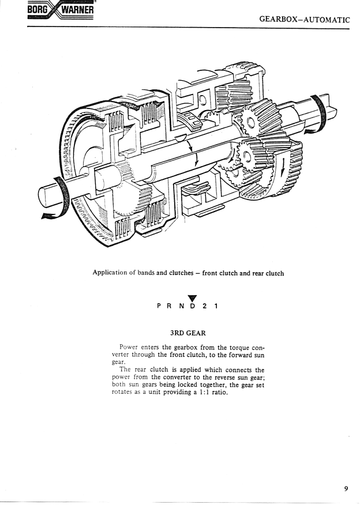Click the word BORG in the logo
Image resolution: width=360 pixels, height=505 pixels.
(x=38, y=10)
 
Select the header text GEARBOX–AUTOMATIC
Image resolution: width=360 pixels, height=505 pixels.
(x=304, y=20)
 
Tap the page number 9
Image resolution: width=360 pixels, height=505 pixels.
(x=346, y=489)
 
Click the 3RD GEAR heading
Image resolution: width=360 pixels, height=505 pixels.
(x=188, y=333)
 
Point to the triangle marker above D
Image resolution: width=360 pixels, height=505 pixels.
(x=192, y=299)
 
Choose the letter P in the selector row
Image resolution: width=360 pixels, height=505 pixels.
(x=159, y=306)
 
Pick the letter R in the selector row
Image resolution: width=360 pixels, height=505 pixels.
(x=170, y=306)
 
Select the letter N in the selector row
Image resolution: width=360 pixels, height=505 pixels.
(x=182, y=306)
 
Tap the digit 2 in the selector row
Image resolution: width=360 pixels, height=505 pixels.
(x=204, y=306)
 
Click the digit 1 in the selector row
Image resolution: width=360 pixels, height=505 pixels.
(x=216, y=306)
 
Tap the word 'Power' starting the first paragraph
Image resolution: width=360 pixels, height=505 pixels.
(x=129, y=347)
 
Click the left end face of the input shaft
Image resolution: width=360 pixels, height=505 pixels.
(x=43, y=196)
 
